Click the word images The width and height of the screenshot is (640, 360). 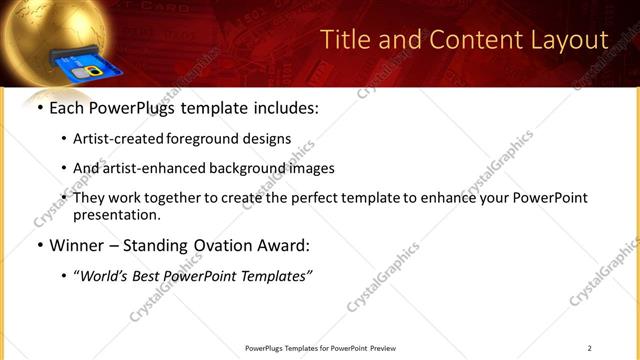313,168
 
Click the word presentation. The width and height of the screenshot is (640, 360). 116,214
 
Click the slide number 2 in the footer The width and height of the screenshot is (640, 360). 590,348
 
